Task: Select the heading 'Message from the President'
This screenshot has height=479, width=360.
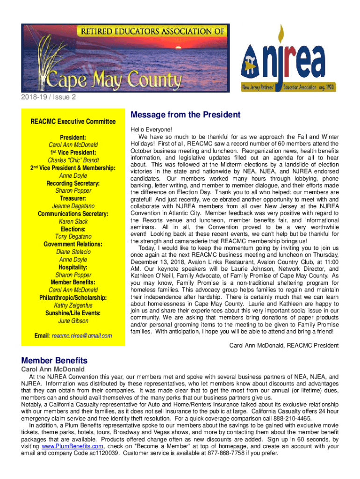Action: coord(186,115)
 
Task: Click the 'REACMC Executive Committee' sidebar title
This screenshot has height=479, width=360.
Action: coord(73,122)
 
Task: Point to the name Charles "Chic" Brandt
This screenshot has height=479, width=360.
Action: coord(73,160)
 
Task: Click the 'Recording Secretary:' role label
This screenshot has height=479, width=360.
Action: coord(73,183)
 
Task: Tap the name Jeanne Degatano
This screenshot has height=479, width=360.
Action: coord(73,206)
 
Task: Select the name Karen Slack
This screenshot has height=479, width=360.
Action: coord(73,222)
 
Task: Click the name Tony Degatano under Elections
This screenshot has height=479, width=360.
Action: coord(73,237)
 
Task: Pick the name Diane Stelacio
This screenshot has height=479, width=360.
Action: coord(73,252)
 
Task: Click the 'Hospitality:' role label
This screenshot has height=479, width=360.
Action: coord(73,267)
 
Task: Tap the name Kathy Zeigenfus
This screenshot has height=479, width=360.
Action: coord(73,305)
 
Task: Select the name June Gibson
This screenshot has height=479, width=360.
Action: coord(73,321)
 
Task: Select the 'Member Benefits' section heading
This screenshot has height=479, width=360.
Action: coord(54,361)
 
